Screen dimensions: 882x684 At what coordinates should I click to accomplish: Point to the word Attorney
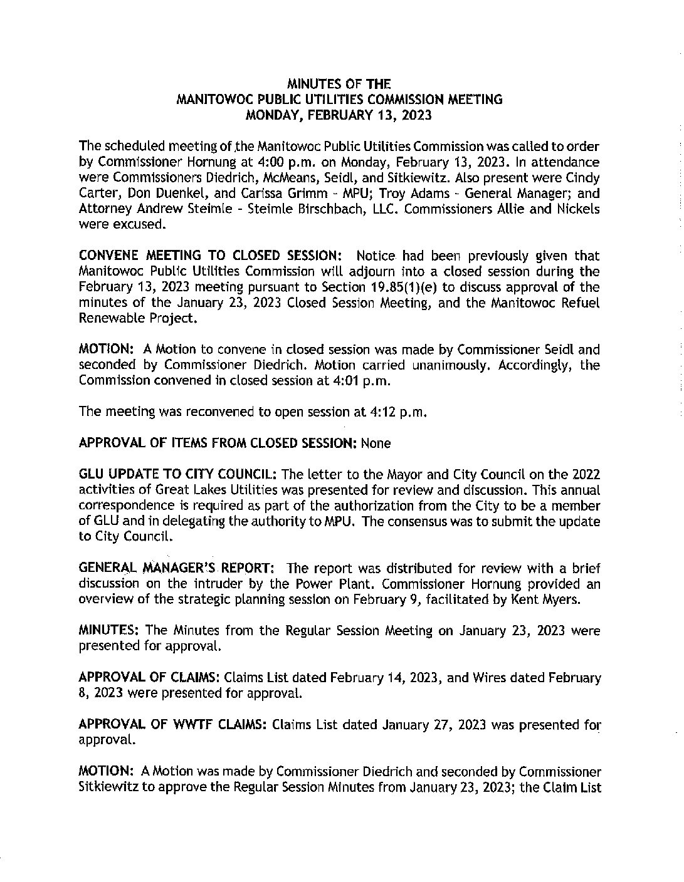pos(105,209)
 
